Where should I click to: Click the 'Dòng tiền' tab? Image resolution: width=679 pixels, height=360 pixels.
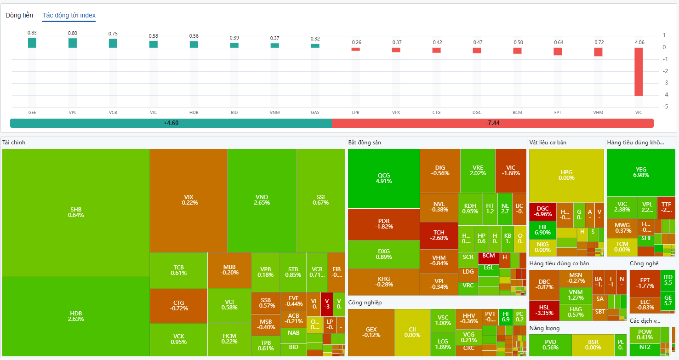19,15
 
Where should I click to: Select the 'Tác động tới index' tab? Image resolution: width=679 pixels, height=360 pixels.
69,15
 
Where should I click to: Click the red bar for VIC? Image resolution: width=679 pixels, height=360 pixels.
639,72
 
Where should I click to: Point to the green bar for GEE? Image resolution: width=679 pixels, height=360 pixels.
32,43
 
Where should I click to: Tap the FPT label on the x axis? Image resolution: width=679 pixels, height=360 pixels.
558,112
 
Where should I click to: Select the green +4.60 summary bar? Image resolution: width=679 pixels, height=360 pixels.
171,123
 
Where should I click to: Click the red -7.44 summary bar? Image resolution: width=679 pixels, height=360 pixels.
492,123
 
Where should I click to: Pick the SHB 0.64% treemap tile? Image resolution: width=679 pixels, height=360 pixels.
76,212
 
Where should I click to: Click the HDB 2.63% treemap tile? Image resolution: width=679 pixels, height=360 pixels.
76,316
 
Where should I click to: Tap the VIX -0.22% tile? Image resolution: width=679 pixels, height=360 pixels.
188,200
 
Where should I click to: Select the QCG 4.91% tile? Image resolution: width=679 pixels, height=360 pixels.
384,178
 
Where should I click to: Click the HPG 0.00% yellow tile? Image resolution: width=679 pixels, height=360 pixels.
566,175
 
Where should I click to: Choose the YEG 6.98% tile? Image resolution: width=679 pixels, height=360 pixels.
641,172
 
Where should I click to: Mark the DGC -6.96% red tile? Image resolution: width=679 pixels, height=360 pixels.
542,211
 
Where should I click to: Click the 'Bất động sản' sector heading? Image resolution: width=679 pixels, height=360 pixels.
365,143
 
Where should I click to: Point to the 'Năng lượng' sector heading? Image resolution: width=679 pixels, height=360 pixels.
544,328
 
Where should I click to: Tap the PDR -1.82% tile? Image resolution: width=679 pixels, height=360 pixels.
384,224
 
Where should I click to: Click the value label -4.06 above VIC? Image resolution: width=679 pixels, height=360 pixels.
639,42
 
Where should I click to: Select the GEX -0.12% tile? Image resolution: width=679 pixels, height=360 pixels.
371,332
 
